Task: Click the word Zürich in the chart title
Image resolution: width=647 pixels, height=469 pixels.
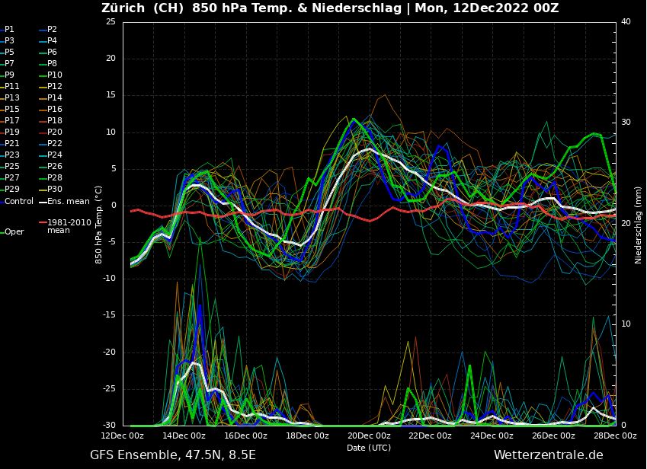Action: [124, 8]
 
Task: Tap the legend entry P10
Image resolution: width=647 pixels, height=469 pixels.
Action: [55, 75]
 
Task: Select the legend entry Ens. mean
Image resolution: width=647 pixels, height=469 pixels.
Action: [68, 201]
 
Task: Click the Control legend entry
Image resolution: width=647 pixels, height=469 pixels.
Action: [18, 201]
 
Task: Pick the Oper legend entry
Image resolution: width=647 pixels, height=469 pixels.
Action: [14, 231]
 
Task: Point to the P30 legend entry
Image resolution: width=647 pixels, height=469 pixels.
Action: [55, 189]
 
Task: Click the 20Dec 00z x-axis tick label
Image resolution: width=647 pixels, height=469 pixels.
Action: [369, 435]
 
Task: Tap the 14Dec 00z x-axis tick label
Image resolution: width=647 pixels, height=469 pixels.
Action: [184, 435]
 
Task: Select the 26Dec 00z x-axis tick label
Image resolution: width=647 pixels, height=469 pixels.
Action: [553, 435]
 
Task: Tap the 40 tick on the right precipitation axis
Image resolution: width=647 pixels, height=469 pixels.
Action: [625, 22]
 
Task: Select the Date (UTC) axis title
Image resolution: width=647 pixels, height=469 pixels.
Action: [369, 448]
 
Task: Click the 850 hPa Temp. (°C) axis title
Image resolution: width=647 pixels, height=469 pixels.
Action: [99, 224]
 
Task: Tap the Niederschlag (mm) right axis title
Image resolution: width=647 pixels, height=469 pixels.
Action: [638, 224]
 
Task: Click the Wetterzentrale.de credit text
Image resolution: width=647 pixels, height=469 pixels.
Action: [548, 455]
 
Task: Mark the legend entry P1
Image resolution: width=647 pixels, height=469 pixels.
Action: [9, 29]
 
